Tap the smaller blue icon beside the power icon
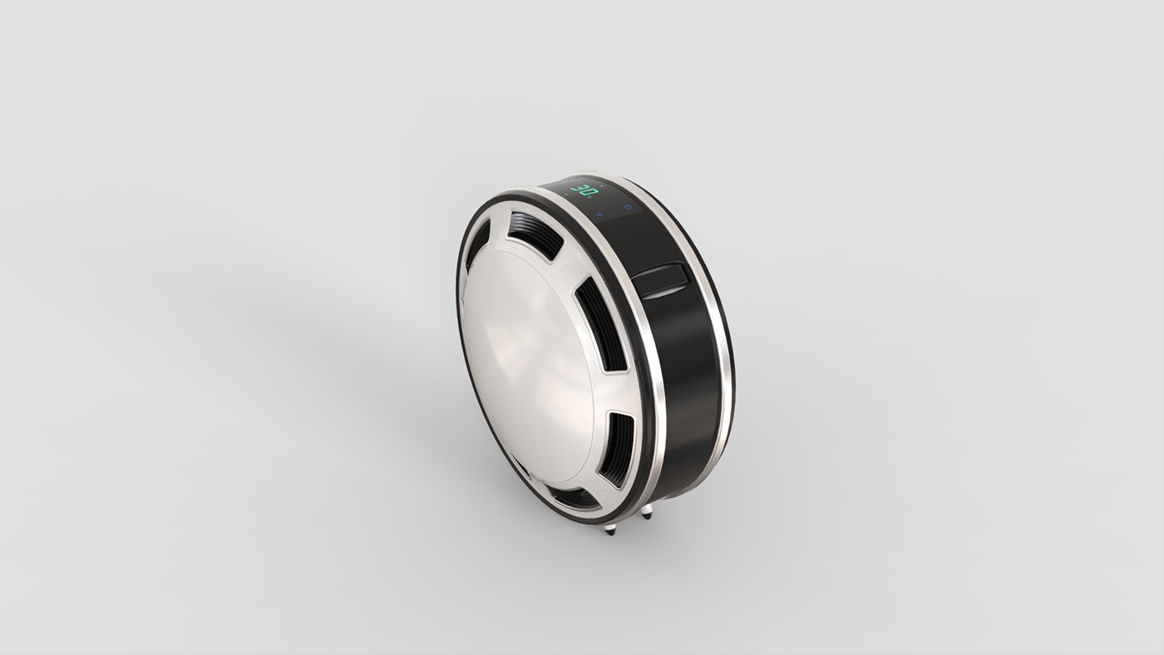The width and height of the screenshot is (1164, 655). pos(599,214)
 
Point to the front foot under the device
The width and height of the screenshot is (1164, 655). pos(610,526)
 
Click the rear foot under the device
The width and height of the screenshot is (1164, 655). pos(646,511)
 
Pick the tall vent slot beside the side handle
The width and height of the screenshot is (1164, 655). pos(600,323)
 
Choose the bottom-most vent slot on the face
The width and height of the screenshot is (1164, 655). pos(574,498)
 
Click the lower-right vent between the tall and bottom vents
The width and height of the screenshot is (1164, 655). pos(617,449)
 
